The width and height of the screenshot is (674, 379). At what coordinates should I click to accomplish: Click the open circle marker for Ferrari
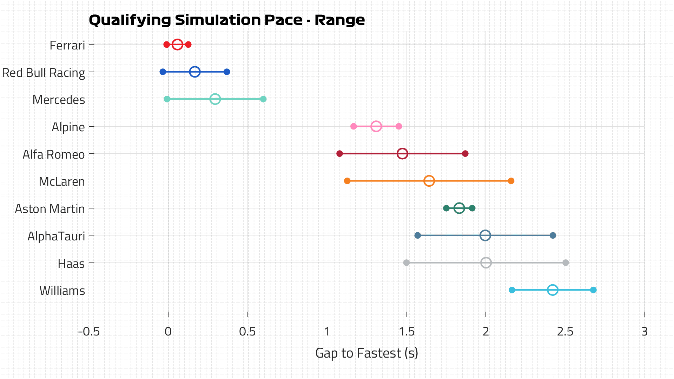click(x=177, y=45)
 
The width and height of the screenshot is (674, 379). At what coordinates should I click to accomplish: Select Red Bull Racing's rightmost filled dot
click(x=227, y=72)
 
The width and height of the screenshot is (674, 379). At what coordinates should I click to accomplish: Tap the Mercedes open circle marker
click(x=215, y=99)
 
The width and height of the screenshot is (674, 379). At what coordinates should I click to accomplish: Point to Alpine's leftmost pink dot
click(x=353, y=126)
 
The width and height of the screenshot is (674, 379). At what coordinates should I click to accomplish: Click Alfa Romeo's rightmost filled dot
click(x=465, y=154)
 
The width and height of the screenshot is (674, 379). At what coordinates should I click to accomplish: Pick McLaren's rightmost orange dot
click(x=511, y=181)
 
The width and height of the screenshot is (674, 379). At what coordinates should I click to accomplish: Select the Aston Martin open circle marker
click(x=459, y=208)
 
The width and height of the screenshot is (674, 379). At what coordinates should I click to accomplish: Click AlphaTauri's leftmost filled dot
click(x=418, y=235)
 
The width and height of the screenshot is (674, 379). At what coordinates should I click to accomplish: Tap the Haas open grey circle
click(x=486, y=262)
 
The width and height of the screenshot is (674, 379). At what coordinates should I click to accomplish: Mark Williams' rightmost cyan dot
click(x=593, y=290)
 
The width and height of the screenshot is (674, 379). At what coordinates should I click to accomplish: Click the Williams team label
click(x=62, y=291)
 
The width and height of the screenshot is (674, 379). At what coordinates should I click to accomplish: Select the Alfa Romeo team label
click(x=54, y=154)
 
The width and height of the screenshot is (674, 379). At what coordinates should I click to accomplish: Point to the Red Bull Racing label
click(x=44, y=73)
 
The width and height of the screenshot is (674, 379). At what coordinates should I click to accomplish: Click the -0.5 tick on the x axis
click(x=89, y=332)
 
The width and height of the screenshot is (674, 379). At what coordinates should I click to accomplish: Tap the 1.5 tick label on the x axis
click(x=407, y=332)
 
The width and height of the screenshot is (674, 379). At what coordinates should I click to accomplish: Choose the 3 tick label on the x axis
click(x=644, y=332)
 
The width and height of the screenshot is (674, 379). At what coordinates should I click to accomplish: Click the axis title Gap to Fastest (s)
click(x=366, y=353)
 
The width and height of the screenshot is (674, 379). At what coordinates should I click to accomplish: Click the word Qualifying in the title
click(x=130, y=20)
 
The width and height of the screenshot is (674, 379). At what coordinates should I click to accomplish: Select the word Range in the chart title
click(x=339, y=20)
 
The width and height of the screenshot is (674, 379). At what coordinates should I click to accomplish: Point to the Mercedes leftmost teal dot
click(x=167, y=99)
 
